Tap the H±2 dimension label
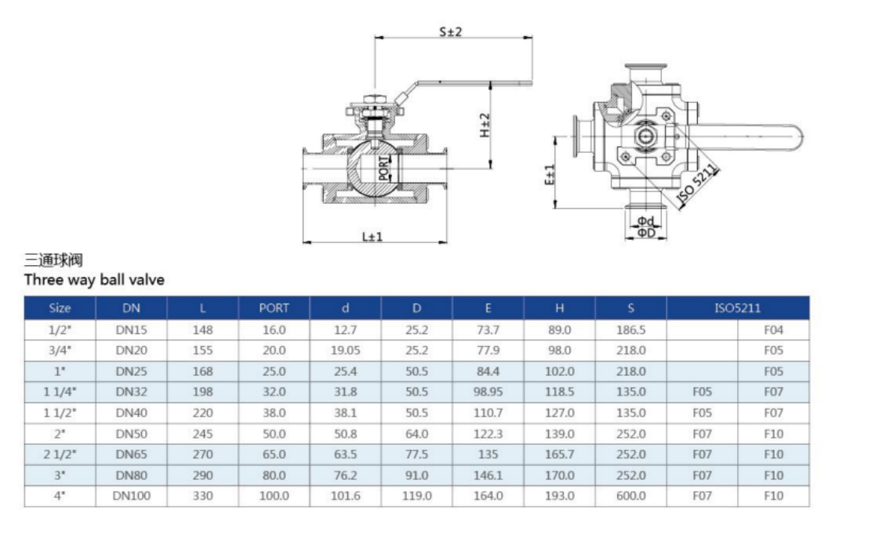[485, 125]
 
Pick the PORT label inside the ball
[383, 169]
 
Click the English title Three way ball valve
[94, 280]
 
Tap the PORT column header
[274, 308]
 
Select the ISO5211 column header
[737, 308]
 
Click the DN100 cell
[131, 496]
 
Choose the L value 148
[202, 330]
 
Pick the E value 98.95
[488, 392]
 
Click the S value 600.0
[631, 496]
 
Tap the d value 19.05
[345, 351]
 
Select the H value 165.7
[560, 454]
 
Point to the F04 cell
[773, 330]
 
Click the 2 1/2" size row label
[60, 454]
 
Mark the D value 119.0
[416, 496]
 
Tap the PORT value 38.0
[274, 413]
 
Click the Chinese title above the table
[54, 260]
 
